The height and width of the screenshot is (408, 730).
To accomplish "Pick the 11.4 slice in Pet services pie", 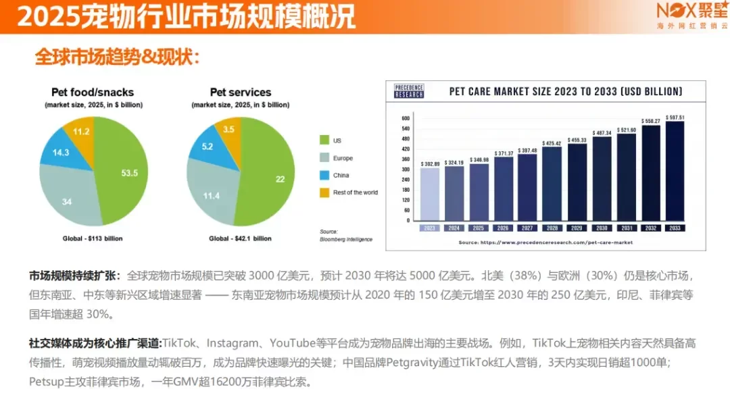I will [x=210, y=195].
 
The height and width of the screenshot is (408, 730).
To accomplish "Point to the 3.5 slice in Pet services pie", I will [x=228, y=130].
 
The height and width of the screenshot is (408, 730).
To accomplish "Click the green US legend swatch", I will [x=324, y=141].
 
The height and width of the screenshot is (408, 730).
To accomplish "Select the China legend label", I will [x=341, y=176].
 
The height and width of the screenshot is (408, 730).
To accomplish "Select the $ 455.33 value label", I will [x=577, y=140].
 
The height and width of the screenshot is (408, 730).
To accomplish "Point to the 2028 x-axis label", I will [x=553, y=228].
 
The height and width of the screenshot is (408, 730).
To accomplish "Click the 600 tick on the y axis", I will [x=406, y=118].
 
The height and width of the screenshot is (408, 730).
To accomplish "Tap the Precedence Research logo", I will [x=409, y=91].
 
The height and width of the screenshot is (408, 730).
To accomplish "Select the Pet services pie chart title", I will [x=241, y=93].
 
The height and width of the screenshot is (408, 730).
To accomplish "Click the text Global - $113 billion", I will [x=92, y=238].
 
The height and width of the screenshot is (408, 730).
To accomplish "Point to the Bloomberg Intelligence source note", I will [x=345, y=236].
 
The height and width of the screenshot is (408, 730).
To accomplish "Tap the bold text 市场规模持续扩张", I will [x=74, y=276].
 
